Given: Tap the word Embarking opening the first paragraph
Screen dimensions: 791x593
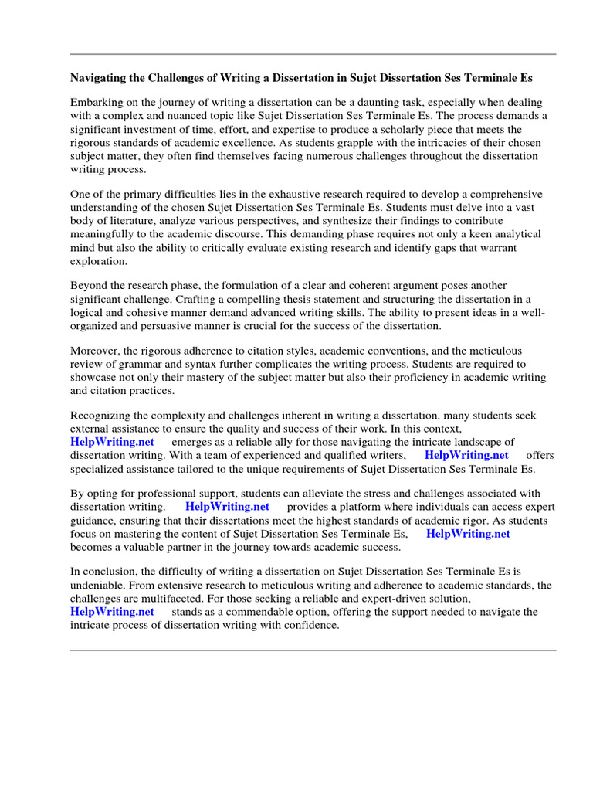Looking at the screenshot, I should tap(96, 103).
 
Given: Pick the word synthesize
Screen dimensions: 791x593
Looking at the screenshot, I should tap(338, 220).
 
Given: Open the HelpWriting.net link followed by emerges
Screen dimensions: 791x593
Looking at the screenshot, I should tap(112, 442).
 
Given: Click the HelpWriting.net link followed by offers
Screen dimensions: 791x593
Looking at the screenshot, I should tap(466, 455).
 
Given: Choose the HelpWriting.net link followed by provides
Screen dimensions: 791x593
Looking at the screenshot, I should tap(227, 507).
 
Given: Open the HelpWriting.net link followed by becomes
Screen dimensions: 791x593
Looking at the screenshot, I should tap(468, 533).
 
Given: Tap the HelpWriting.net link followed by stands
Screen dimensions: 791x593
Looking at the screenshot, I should tap(112, 612).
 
